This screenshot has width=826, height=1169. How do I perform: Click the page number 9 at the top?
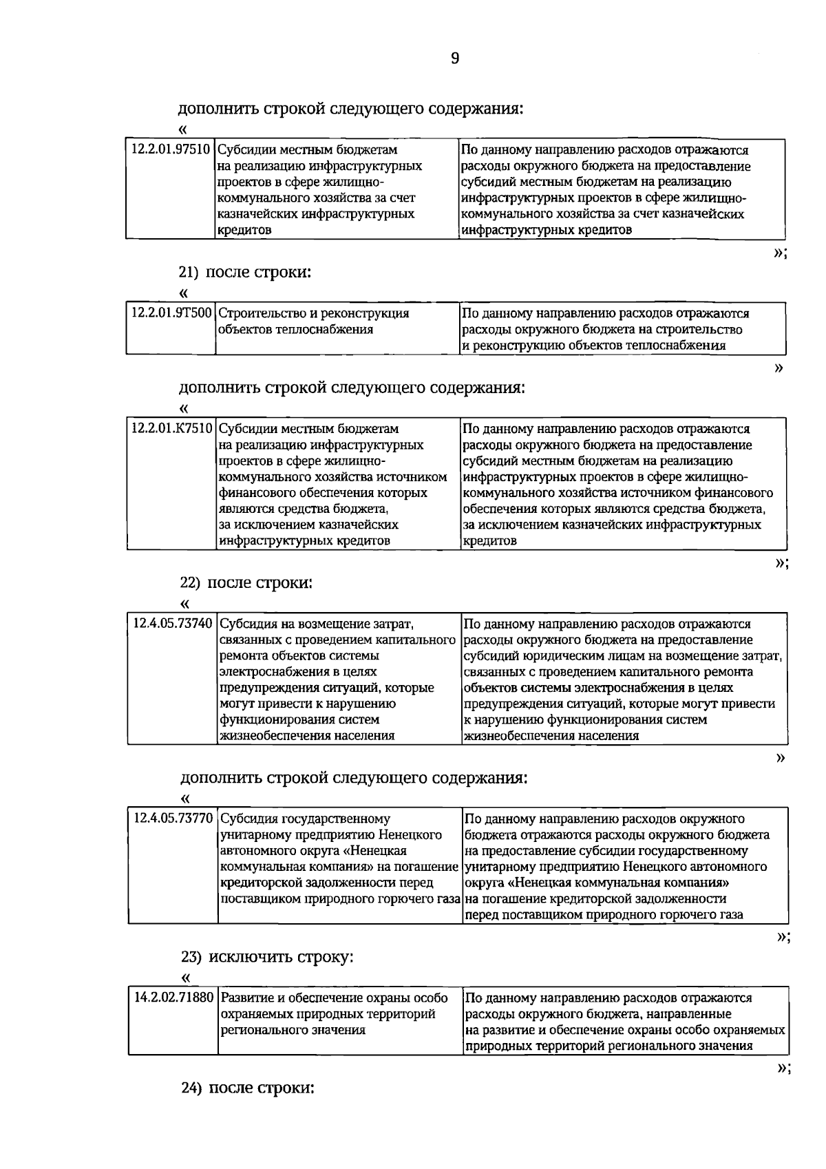tap(455, 59)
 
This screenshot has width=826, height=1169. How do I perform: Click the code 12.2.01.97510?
tap(171, 149)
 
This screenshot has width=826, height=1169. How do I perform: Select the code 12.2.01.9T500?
tap(171, 313)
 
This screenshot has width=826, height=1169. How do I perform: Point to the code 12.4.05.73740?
tap(173, 624)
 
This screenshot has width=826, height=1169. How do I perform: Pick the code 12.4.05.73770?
tap(173, 819)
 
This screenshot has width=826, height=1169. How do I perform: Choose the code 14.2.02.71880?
tap(173, 998)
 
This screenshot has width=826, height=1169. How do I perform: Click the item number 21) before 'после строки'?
tap(189, 273)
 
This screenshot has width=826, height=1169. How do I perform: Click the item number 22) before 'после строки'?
tap(190, 583)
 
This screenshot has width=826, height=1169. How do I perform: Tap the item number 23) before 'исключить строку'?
tap(191, 958)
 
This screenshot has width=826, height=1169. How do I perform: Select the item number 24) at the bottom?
tap(191, 1088)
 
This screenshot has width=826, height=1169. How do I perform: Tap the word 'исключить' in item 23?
tap(243, 958)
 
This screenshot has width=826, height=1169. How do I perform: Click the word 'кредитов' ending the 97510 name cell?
tap(244, 230)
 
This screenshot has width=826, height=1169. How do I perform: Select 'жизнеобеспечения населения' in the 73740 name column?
tap(307, 736)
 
